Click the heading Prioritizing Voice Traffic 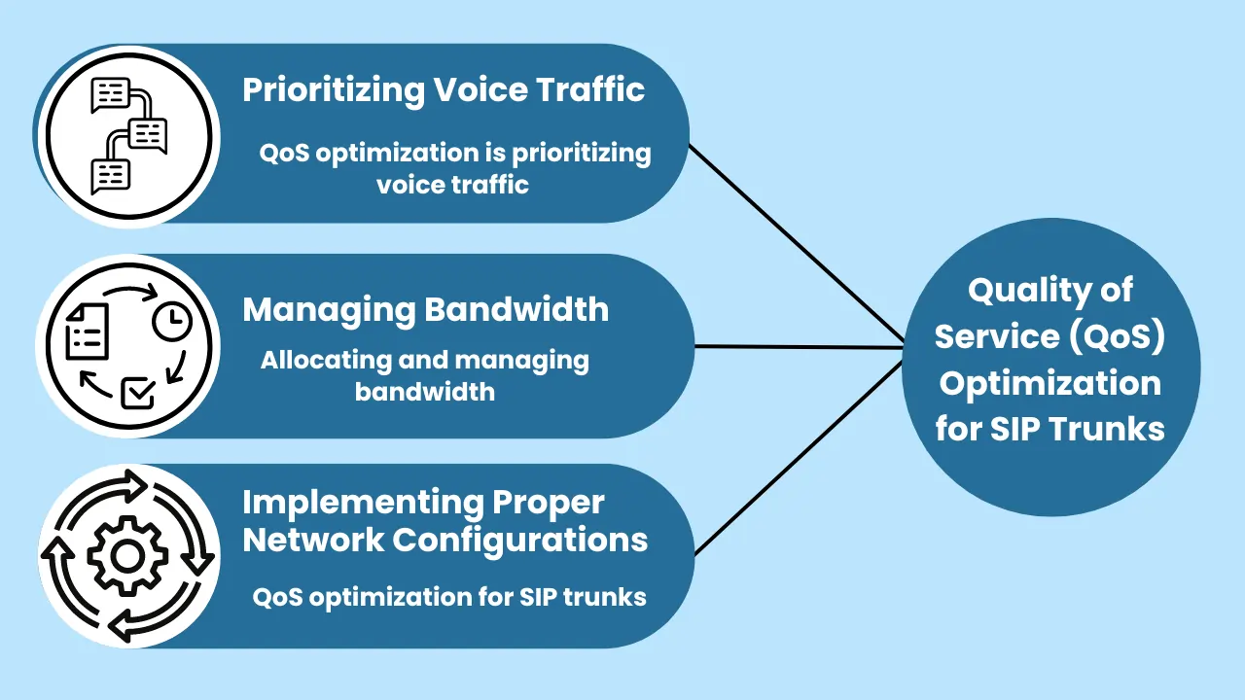444,90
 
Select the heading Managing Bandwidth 425,310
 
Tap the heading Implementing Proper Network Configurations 445,521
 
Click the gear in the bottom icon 127,555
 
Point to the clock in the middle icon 172,322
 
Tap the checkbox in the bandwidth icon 136,393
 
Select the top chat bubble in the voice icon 110,95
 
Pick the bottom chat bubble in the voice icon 110,175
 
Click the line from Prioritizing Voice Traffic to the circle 798,243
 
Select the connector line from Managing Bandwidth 798,346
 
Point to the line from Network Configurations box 798,457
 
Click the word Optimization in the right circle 1050,383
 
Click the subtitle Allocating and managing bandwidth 425,375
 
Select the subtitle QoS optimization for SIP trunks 449,596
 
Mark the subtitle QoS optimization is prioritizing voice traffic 454,168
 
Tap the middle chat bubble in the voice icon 148,135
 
